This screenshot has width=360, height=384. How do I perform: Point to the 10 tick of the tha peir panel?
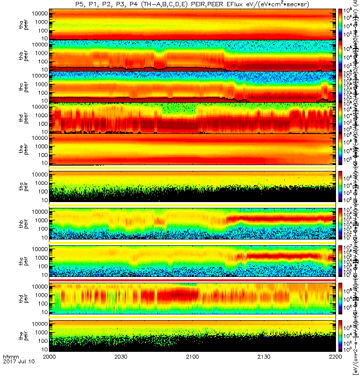tap(44, 200)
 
